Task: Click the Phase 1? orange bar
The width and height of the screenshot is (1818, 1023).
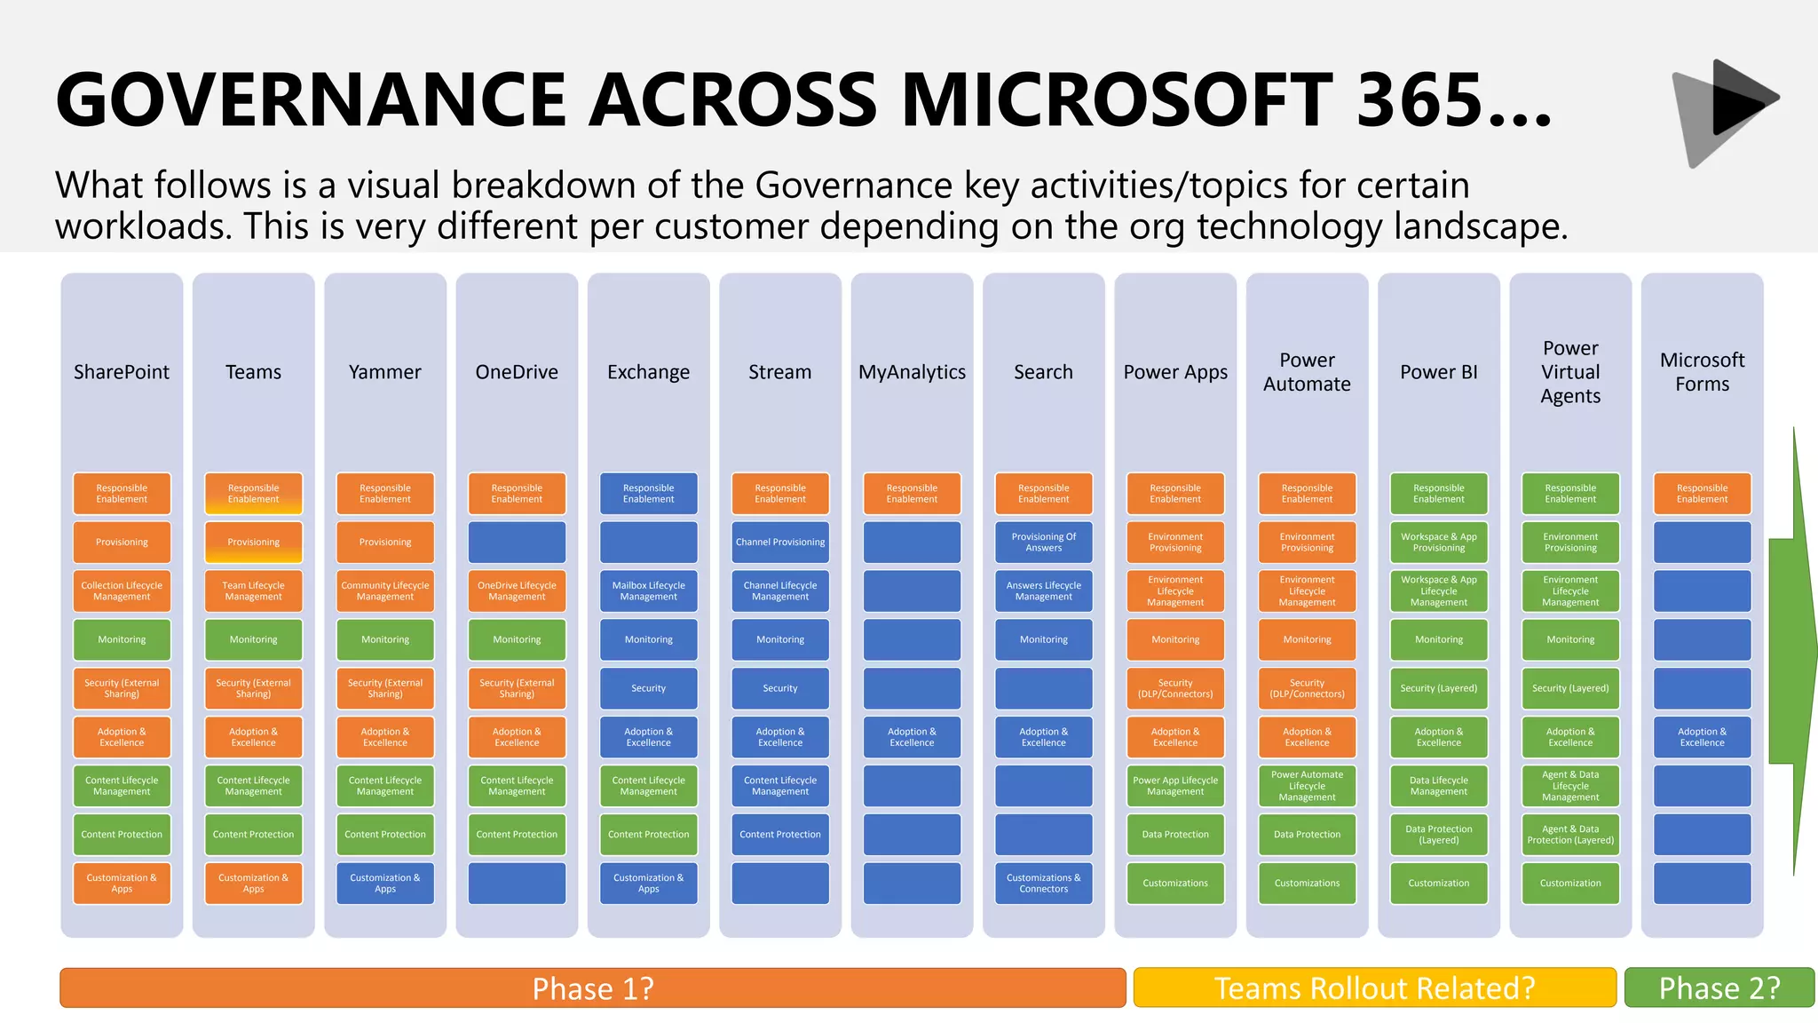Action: [592, 987]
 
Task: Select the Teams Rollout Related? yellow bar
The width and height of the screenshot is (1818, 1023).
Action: [1374, 987]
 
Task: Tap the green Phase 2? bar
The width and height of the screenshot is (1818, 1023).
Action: [1719, 987]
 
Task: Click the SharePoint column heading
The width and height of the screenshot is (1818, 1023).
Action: [122, 372]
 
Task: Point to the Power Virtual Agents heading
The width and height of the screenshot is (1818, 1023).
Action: [1570, 372]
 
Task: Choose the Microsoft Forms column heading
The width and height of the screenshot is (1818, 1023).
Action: [1702, 372]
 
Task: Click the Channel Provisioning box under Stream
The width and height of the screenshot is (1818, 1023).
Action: [780, 543]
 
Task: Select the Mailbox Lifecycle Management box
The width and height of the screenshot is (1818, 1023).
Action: [648, 591]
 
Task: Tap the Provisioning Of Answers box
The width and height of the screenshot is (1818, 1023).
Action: [1043, 543]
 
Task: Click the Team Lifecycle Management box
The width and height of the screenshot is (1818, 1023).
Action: [253, 591]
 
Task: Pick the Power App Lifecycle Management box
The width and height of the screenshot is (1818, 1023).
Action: [1175, 786]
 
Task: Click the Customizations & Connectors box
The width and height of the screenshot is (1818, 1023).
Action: [1043, 884]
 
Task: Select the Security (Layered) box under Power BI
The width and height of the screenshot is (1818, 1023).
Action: [1438, 688]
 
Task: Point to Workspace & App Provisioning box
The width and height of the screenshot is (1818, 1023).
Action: [1438, 543]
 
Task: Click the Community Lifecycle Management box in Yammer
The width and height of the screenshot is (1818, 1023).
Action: [384, 591]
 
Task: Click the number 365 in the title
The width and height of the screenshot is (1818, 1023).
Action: [1420, 99]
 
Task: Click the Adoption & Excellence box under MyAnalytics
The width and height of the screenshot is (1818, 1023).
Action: [912, 737]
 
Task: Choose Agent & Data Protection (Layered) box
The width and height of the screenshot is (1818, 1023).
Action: [1570, 835]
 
